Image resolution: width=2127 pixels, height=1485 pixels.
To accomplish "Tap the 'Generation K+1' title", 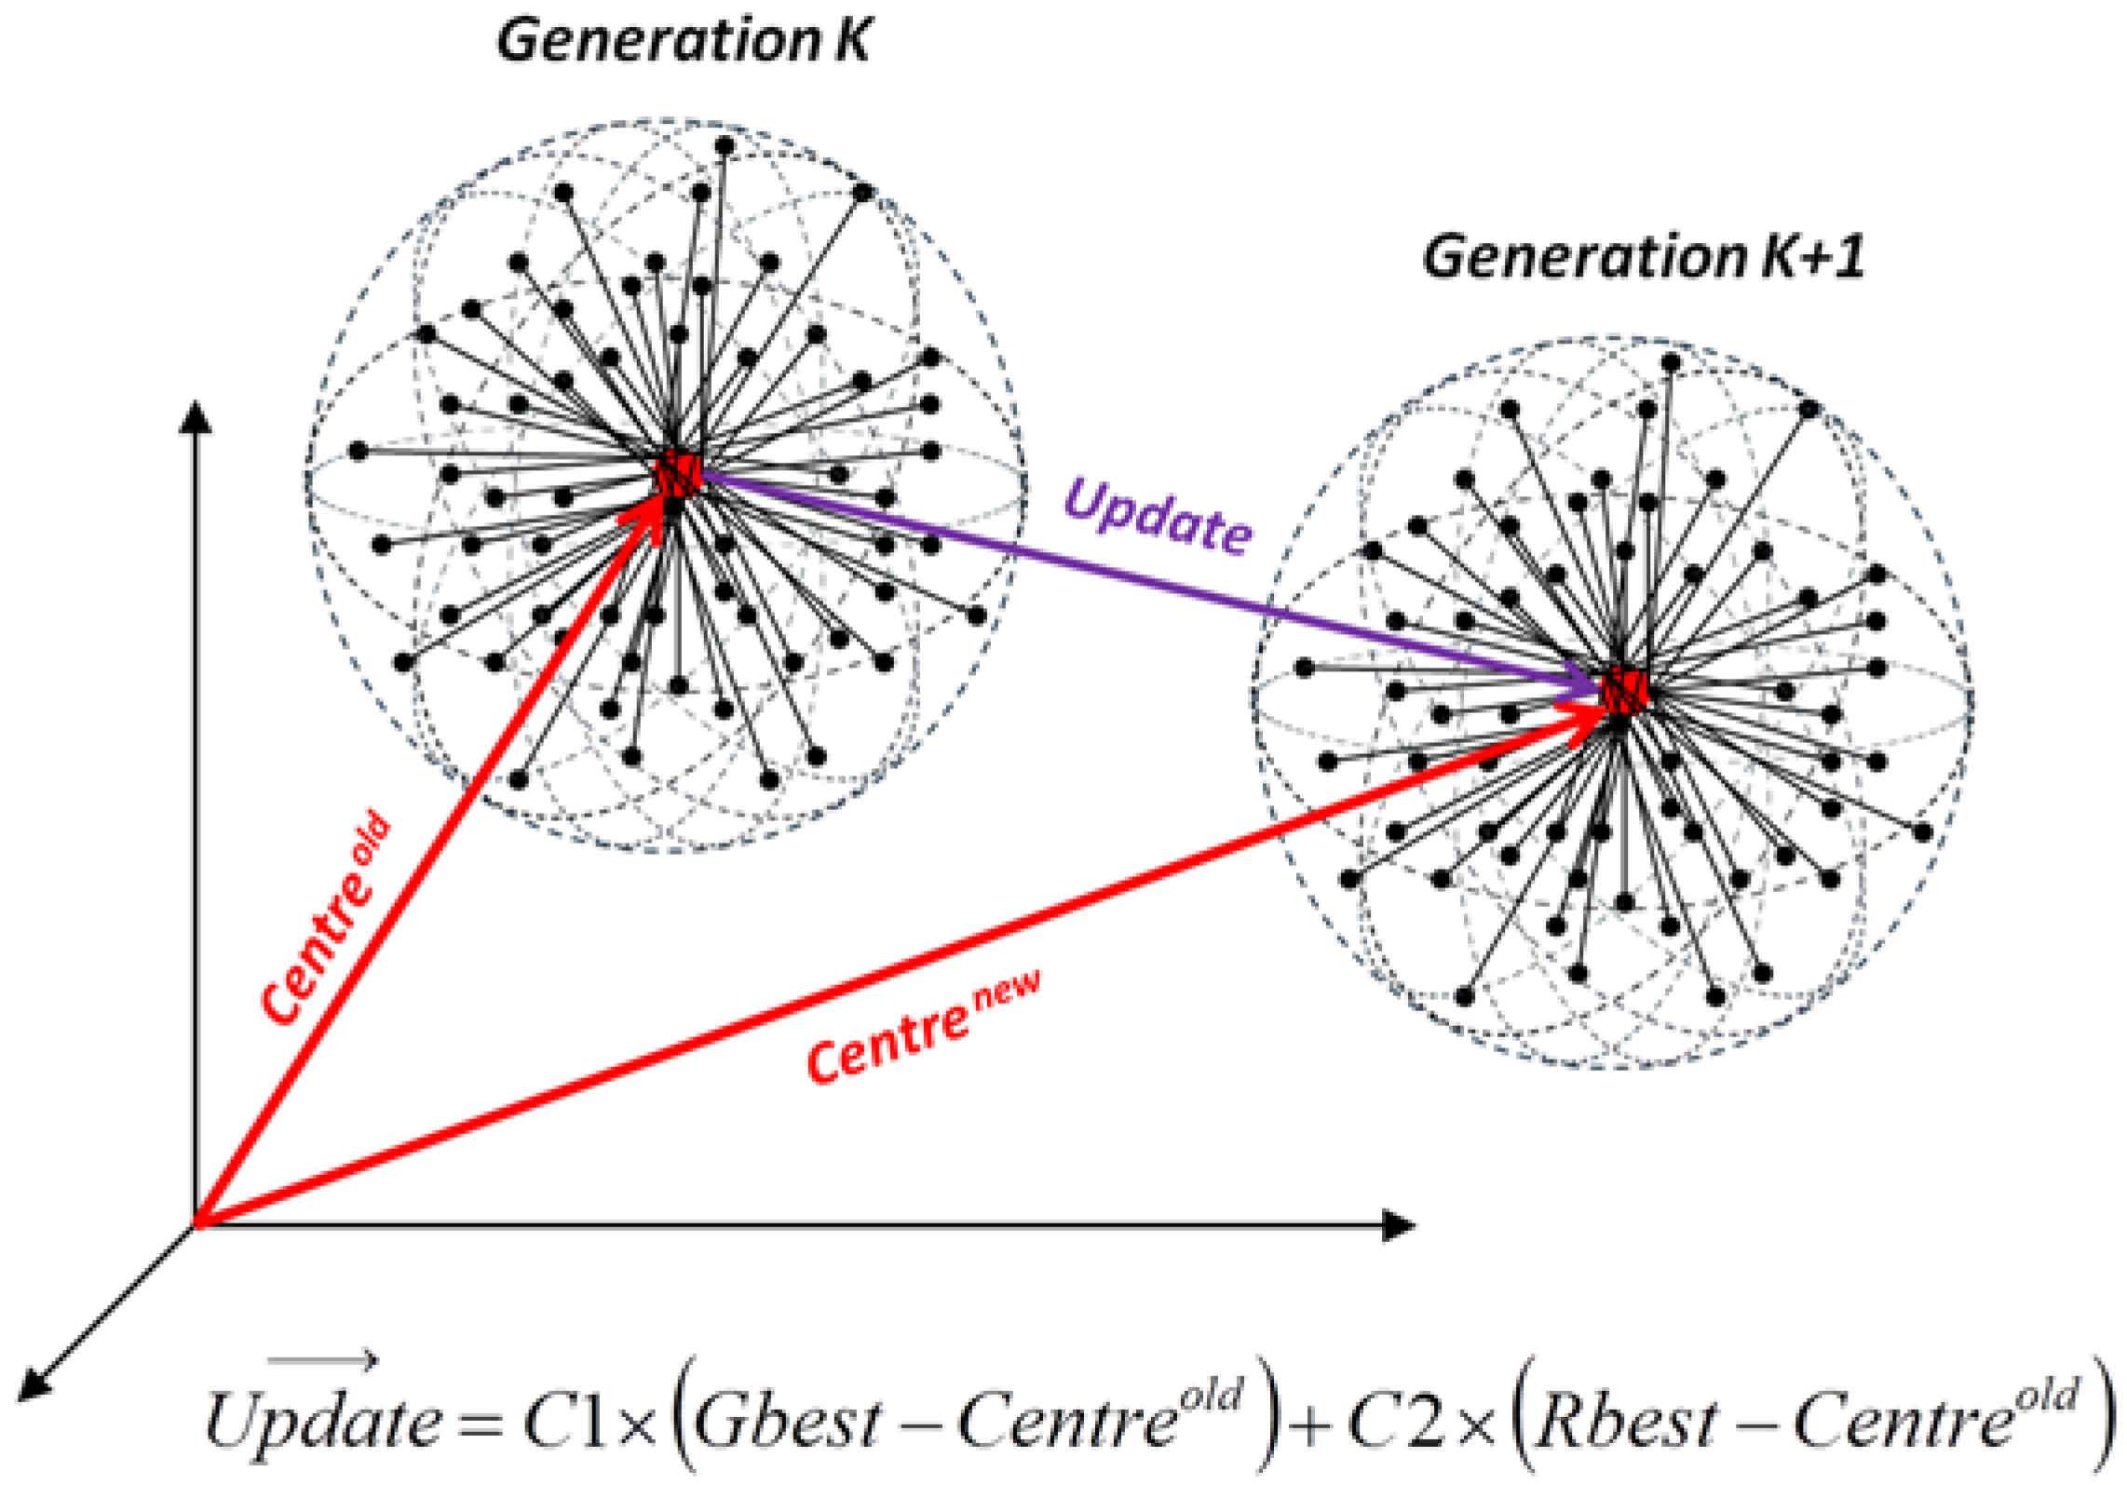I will (1643, 257).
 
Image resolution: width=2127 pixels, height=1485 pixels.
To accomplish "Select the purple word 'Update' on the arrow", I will (1158, 517).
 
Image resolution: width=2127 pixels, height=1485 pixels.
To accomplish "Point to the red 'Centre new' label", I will (923, 1028).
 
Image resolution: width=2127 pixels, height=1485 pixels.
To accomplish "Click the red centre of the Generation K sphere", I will (677, 476).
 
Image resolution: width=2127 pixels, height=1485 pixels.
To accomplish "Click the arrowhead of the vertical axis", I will (196, 416).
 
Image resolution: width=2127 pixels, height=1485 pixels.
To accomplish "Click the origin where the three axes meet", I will (196, 1225).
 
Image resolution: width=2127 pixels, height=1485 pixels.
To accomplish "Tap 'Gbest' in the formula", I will (786, 1421).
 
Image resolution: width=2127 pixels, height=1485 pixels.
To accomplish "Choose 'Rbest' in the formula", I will (1625, 1421).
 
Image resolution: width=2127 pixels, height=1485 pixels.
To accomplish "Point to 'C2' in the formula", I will (1397, 1421).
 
